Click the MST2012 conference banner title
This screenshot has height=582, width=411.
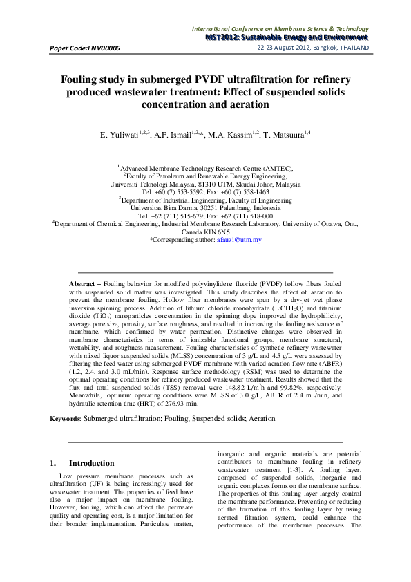[287, 37]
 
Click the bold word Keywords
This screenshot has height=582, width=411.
[65, 418]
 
